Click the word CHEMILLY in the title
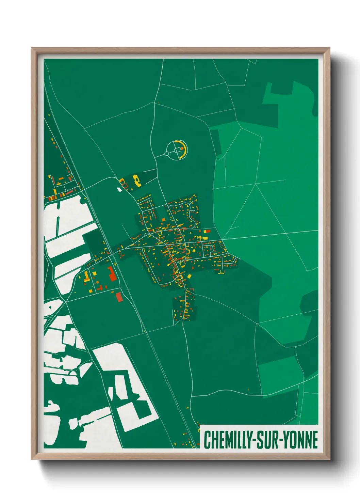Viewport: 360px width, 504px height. pos(226,440)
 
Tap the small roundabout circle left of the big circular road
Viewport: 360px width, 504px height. pos(166,154)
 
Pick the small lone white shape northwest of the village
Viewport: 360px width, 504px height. pos(119,189)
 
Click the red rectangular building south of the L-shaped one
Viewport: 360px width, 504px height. pos(119,297)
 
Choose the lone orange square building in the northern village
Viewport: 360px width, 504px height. pos(164,219)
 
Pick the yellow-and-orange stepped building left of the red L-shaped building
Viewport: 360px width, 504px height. pos(86,276)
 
